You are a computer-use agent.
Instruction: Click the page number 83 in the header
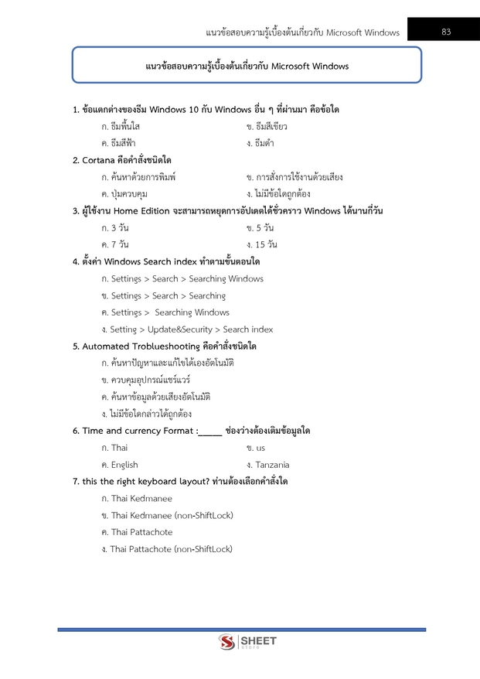coord(446,32)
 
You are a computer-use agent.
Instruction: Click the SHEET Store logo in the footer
coord(247,642)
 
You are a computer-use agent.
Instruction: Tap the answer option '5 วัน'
coord(265,228)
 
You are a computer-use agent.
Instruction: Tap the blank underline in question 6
coord(209,432)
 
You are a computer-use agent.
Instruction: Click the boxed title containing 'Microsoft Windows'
coord(247,66)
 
